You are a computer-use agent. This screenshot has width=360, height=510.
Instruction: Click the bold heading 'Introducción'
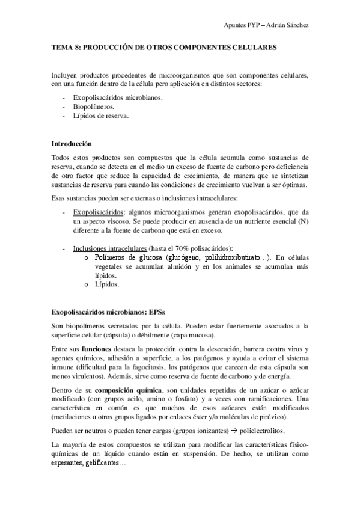(x=72, y=144)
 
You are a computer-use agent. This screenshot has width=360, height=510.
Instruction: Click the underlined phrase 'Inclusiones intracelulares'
(x=111, y=248)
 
